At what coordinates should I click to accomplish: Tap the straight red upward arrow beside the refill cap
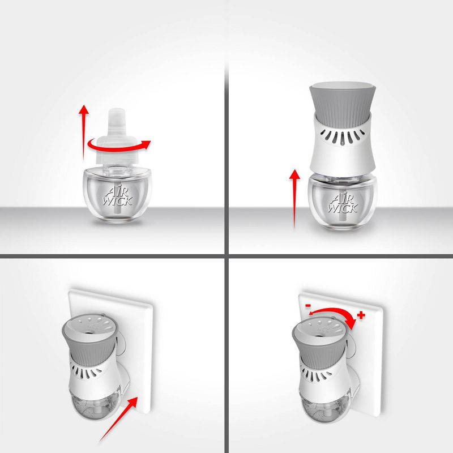(84, 133)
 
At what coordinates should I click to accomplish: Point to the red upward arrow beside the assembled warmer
(294, 199)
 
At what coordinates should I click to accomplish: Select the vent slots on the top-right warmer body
(343, 136)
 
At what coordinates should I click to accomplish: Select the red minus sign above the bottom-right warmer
(308, 305)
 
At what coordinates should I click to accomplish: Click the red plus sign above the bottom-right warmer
(361, 315)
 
